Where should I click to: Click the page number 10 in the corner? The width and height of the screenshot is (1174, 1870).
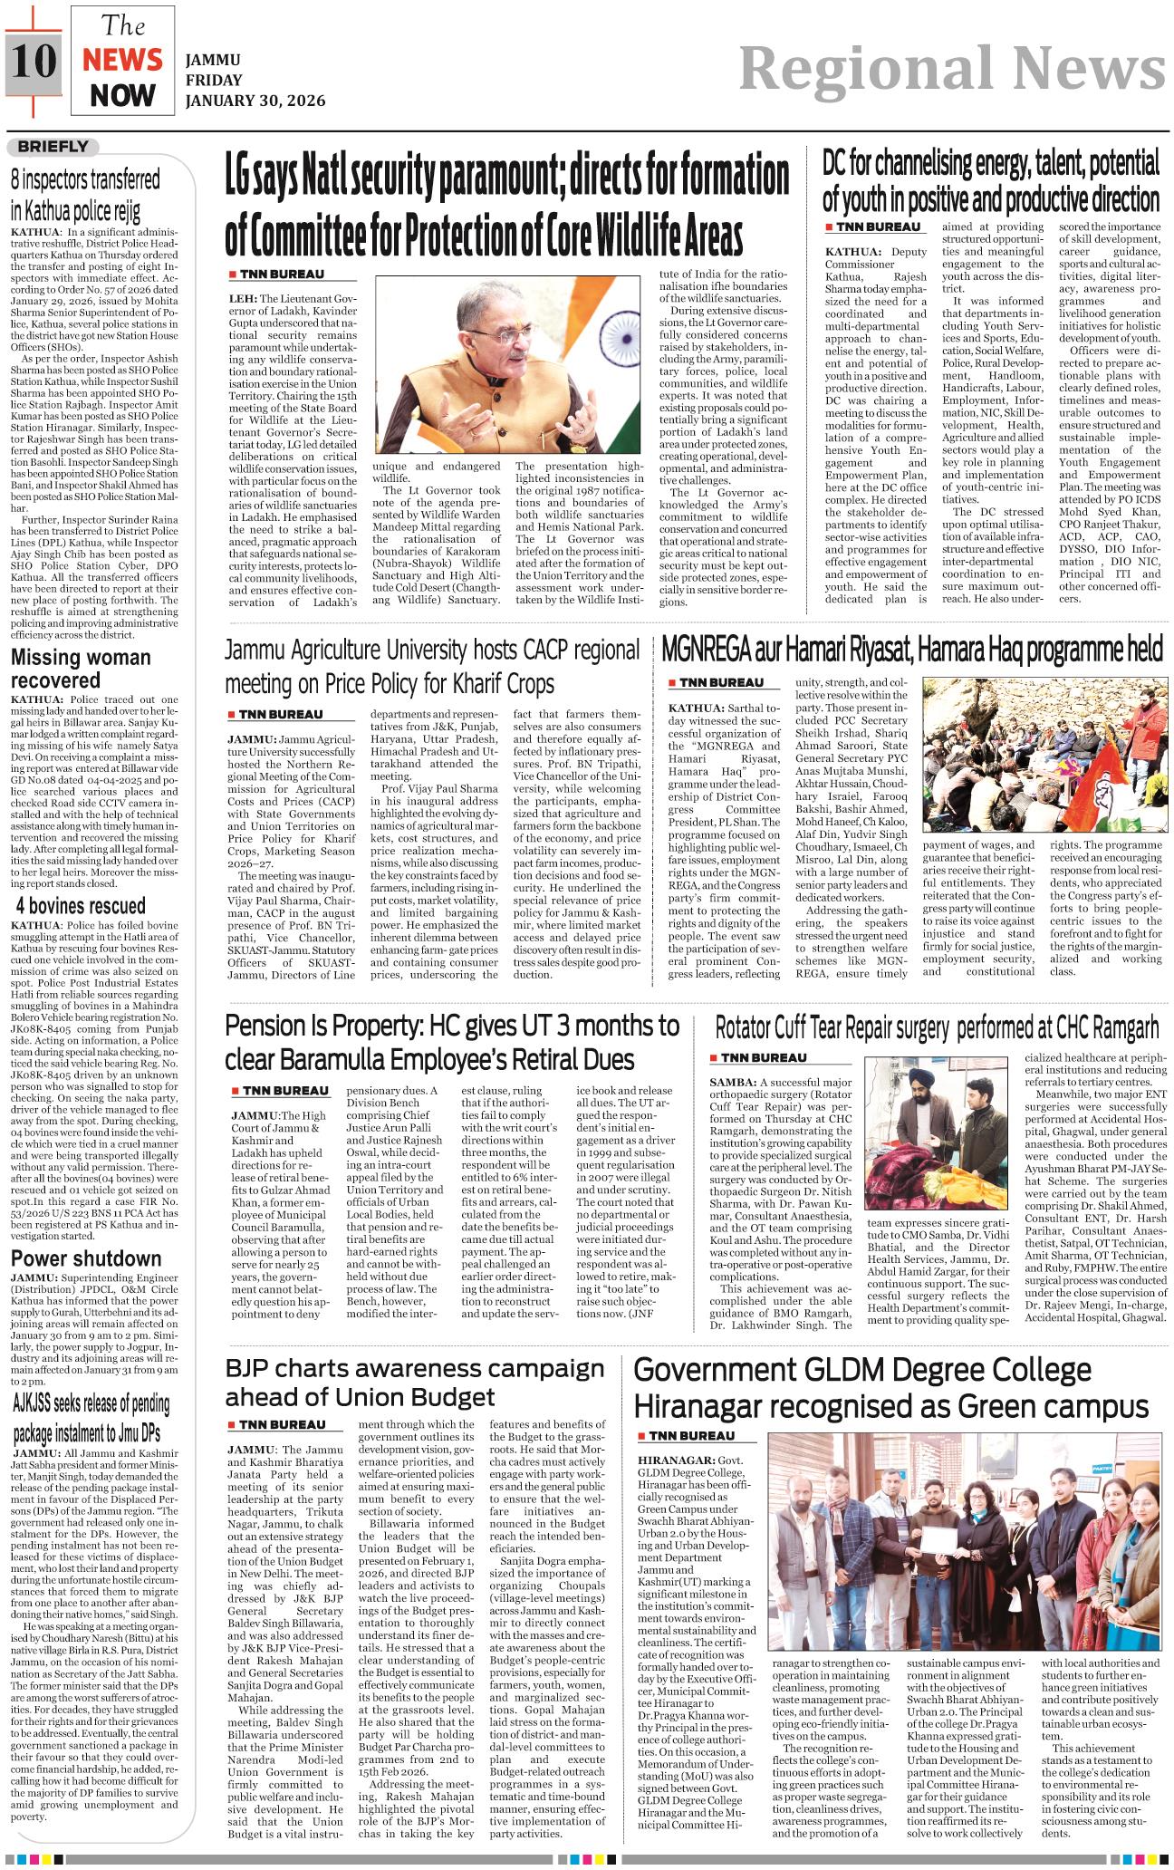coord(34,61)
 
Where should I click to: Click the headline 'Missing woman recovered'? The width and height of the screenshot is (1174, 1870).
coord(81,669)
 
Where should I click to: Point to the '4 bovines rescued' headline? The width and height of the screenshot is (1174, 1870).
coord(81,906)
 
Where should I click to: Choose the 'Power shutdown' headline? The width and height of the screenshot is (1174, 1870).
coord(86,1258)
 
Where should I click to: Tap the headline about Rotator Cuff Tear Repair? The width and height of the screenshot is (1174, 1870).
coord(937,1028)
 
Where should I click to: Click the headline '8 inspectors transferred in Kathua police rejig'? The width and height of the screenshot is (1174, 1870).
coord(85,195)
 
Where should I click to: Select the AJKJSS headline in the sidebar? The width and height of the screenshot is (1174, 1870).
coord(91,1419)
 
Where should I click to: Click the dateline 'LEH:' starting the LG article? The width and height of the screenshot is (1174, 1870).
coord(243,298)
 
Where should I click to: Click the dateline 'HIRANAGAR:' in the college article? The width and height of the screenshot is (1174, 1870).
coord(675,1461)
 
